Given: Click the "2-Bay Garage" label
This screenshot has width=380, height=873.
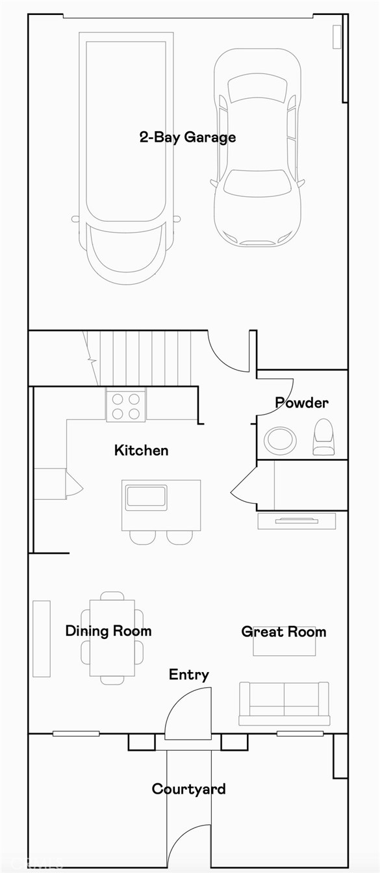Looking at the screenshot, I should click(187, 137).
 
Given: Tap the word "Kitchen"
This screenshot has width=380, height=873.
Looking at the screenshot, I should click(141, 450).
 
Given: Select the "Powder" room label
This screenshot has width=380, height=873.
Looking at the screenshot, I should click(301, 402).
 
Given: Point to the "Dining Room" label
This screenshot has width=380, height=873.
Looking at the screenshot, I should click(108, 631).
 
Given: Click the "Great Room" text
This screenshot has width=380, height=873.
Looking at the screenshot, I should click(283, 631).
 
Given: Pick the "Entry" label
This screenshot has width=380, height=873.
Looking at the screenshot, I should click(188, 674).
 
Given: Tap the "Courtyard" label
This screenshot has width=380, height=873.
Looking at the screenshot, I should click(188, 788).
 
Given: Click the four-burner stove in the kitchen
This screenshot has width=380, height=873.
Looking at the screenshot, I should click(126, 406).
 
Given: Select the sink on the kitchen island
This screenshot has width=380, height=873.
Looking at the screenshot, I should click(146, 497).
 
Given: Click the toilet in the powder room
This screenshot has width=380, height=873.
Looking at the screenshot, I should click(323, 437).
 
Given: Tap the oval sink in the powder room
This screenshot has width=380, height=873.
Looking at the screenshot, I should click(280, 440).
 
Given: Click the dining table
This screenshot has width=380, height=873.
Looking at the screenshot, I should click(112, 637).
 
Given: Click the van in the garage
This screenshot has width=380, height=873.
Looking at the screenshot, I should click(127, 156).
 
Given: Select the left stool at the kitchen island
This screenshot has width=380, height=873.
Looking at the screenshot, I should click(142, 537).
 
